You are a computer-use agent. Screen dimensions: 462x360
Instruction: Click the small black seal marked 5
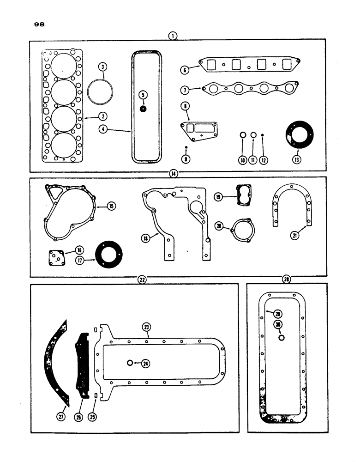tap(144, 109)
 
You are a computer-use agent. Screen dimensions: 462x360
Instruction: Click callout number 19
tap(219, 197)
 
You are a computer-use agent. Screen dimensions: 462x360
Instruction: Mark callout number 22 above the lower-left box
tap(142, 279)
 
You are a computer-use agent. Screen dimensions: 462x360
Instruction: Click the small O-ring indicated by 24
tap(131, 363)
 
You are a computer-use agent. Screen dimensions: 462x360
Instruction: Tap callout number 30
tap(278, 324)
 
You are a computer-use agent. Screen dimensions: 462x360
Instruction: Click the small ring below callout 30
tap(281, 338)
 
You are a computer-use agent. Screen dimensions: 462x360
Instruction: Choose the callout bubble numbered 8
tap(185, 107)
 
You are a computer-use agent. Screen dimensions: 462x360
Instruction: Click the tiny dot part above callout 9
tap(185, 147)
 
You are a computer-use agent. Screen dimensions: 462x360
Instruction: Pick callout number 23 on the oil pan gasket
tap(146, 328)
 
